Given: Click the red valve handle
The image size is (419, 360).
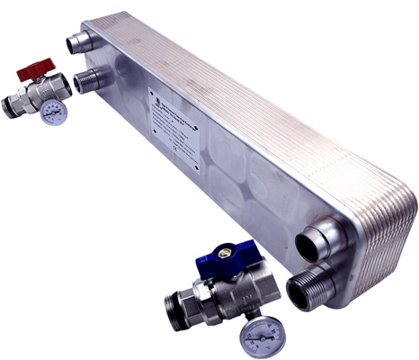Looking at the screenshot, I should tap(40, 67).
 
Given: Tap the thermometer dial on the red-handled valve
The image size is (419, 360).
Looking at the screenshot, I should tap(53, 113).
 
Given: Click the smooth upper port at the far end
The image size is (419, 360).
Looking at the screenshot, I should tap(78, 42).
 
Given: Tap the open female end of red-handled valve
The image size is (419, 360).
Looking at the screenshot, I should tap(64, 88).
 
